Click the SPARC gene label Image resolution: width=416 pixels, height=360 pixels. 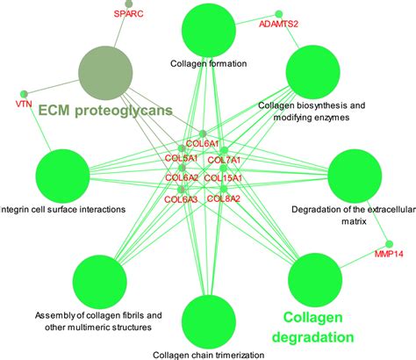[x=129, y=15]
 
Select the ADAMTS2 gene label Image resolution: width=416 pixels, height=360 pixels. [x=278, y=25]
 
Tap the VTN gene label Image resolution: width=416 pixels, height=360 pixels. [x=23, y=104]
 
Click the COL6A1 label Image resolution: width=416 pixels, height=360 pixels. [x=203, y=143]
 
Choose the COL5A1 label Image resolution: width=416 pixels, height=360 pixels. [x=183, y=159]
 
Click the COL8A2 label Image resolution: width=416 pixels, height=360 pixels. [x=223, y=198]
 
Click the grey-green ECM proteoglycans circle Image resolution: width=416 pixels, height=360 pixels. [x=104, y=72]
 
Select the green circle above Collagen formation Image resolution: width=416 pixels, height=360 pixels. [x=209, y=29]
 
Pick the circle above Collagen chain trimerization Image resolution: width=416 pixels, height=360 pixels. [x=209, y=322]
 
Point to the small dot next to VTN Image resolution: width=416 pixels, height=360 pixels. [x=24, y=91]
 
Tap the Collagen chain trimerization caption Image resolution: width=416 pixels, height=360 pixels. [x=209, y=354]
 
